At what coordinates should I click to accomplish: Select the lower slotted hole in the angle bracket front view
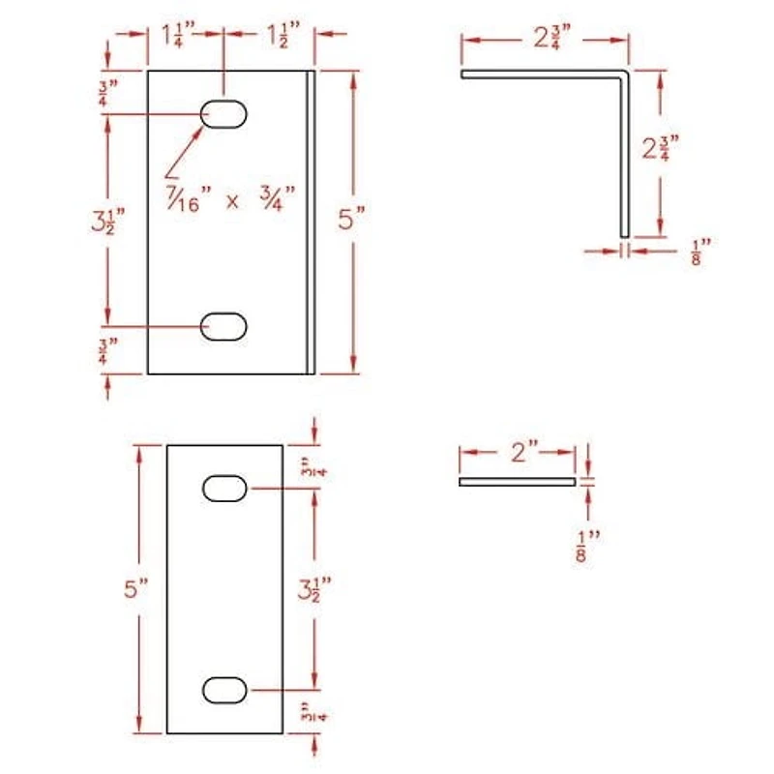point(224,327)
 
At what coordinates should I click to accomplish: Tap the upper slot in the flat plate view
point(224,489)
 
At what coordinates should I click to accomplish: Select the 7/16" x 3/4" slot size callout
point(230,200)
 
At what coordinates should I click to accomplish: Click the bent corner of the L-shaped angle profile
point(625,74)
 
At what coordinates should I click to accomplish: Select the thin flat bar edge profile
point(517,481)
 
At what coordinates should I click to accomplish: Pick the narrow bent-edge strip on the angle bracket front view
point(311,221)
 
